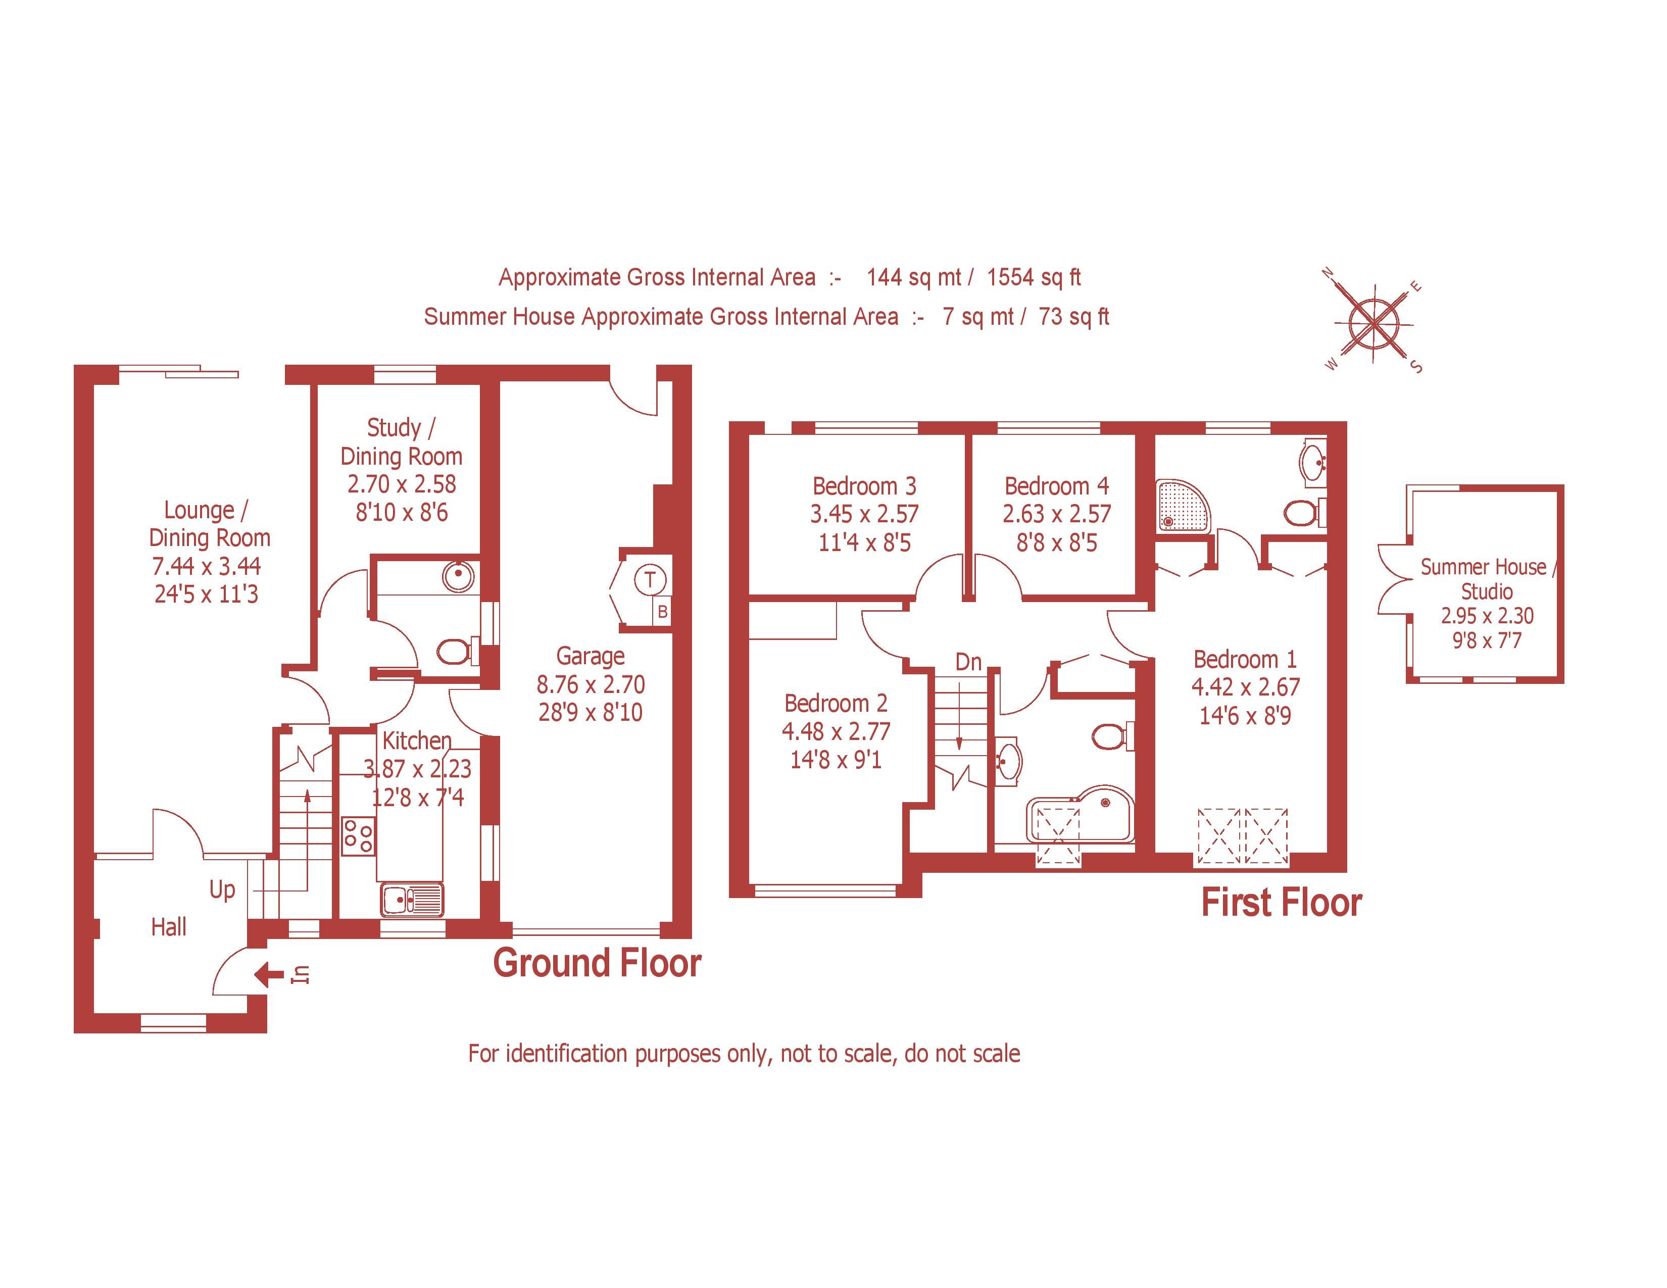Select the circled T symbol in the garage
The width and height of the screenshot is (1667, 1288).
coord(650,580)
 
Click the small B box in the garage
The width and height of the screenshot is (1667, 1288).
coord(663,611)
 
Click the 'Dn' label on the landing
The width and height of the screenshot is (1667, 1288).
coord(968,662)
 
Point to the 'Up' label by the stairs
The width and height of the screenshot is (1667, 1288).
coord(222,889)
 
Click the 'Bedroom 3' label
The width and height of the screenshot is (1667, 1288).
coord(864,486)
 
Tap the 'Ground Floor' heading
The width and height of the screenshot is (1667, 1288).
coord(597,963)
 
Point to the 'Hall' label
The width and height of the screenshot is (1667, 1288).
coord(169,927)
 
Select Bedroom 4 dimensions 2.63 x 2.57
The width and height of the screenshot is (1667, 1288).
coord(1056,514)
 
